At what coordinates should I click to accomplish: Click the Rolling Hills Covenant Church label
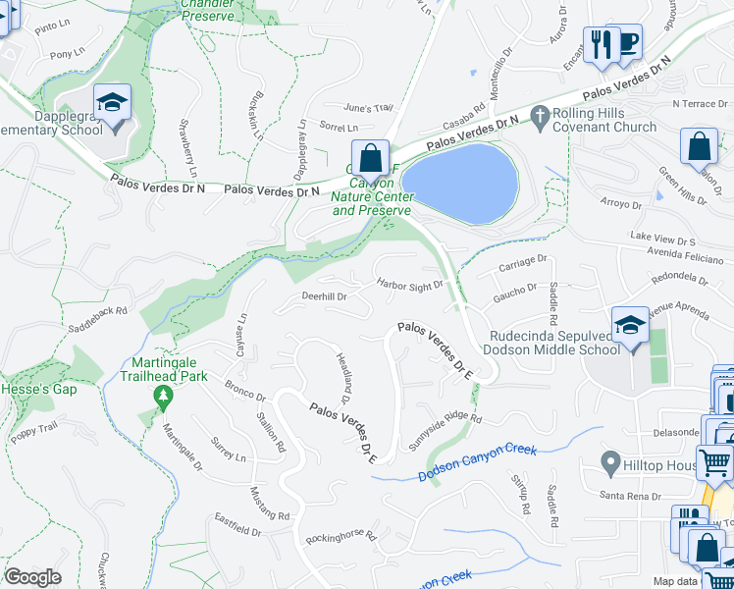(x=604, y=120)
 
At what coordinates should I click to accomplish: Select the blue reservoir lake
(x=460, y=177)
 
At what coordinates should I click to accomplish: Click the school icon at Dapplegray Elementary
(x=112, y=102)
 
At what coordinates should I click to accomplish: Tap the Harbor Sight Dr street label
(x=409, y=284)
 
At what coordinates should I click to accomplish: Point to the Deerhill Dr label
(x=324, y=295)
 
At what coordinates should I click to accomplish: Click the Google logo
(x=32, y=576)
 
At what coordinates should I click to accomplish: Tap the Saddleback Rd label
(x=95, y=313)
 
